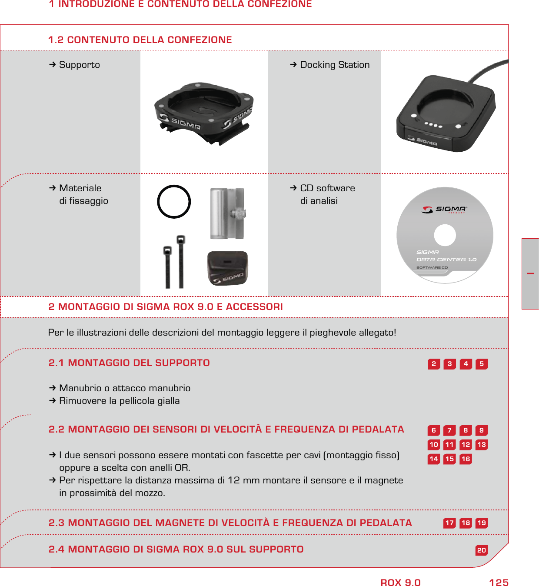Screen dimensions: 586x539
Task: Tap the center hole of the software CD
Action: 445,235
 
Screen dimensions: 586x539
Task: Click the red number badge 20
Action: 481,550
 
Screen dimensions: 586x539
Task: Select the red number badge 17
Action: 449,523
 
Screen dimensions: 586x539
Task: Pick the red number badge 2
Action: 433,364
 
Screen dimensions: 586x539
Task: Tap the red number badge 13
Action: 481,445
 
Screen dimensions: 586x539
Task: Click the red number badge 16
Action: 466,459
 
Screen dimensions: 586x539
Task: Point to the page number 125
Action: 499,583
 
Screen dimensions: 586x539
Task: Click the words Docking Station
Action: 335,65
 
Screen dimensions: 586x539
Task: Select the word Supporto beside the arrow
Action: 80,65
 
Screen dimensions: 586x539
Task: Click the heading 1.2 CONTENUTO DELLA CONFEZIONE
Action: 140,40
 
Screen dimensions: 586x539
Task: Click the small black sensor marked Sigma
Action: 227,268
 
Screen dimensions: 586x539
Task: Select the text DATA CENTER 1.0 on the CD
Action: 446,260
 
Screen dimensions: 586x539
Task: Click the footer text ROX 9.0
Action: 400,583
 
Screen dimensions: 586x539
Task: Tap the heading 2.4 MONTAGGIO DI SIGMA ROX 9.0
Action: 176,549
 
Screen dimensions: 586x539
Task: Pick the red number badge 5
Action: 481,364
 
